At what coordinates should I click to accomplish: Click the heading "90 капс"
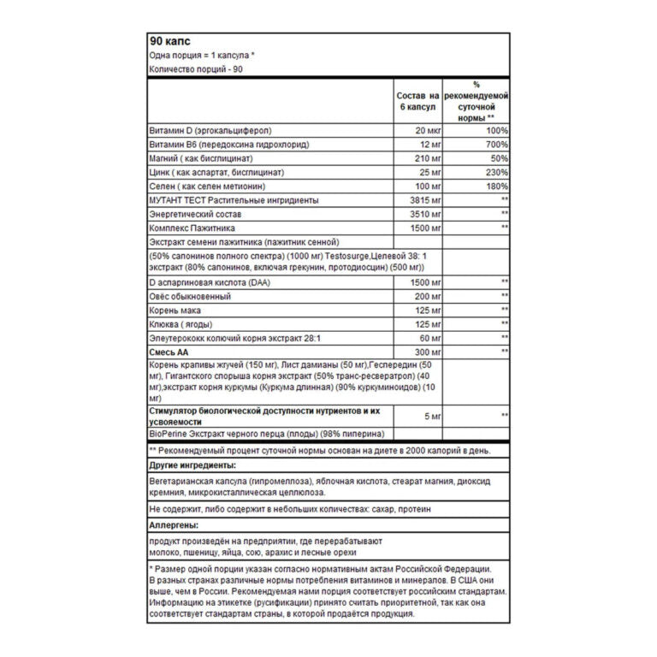click(169, 40)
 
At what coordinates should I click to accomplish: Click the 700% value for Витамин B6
click(497, 145)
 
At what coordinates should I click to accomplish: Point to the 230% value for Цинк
click(497, 172)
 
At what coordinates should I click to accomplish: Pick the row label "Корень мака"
click(177, 309)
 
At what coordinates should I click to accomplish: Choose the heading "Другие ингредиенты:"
click(192, 465)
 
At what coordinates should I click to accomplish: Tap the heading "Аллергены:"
click(175, 524)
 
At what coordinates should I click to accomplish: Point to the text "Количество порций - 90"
click(196, 69)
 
